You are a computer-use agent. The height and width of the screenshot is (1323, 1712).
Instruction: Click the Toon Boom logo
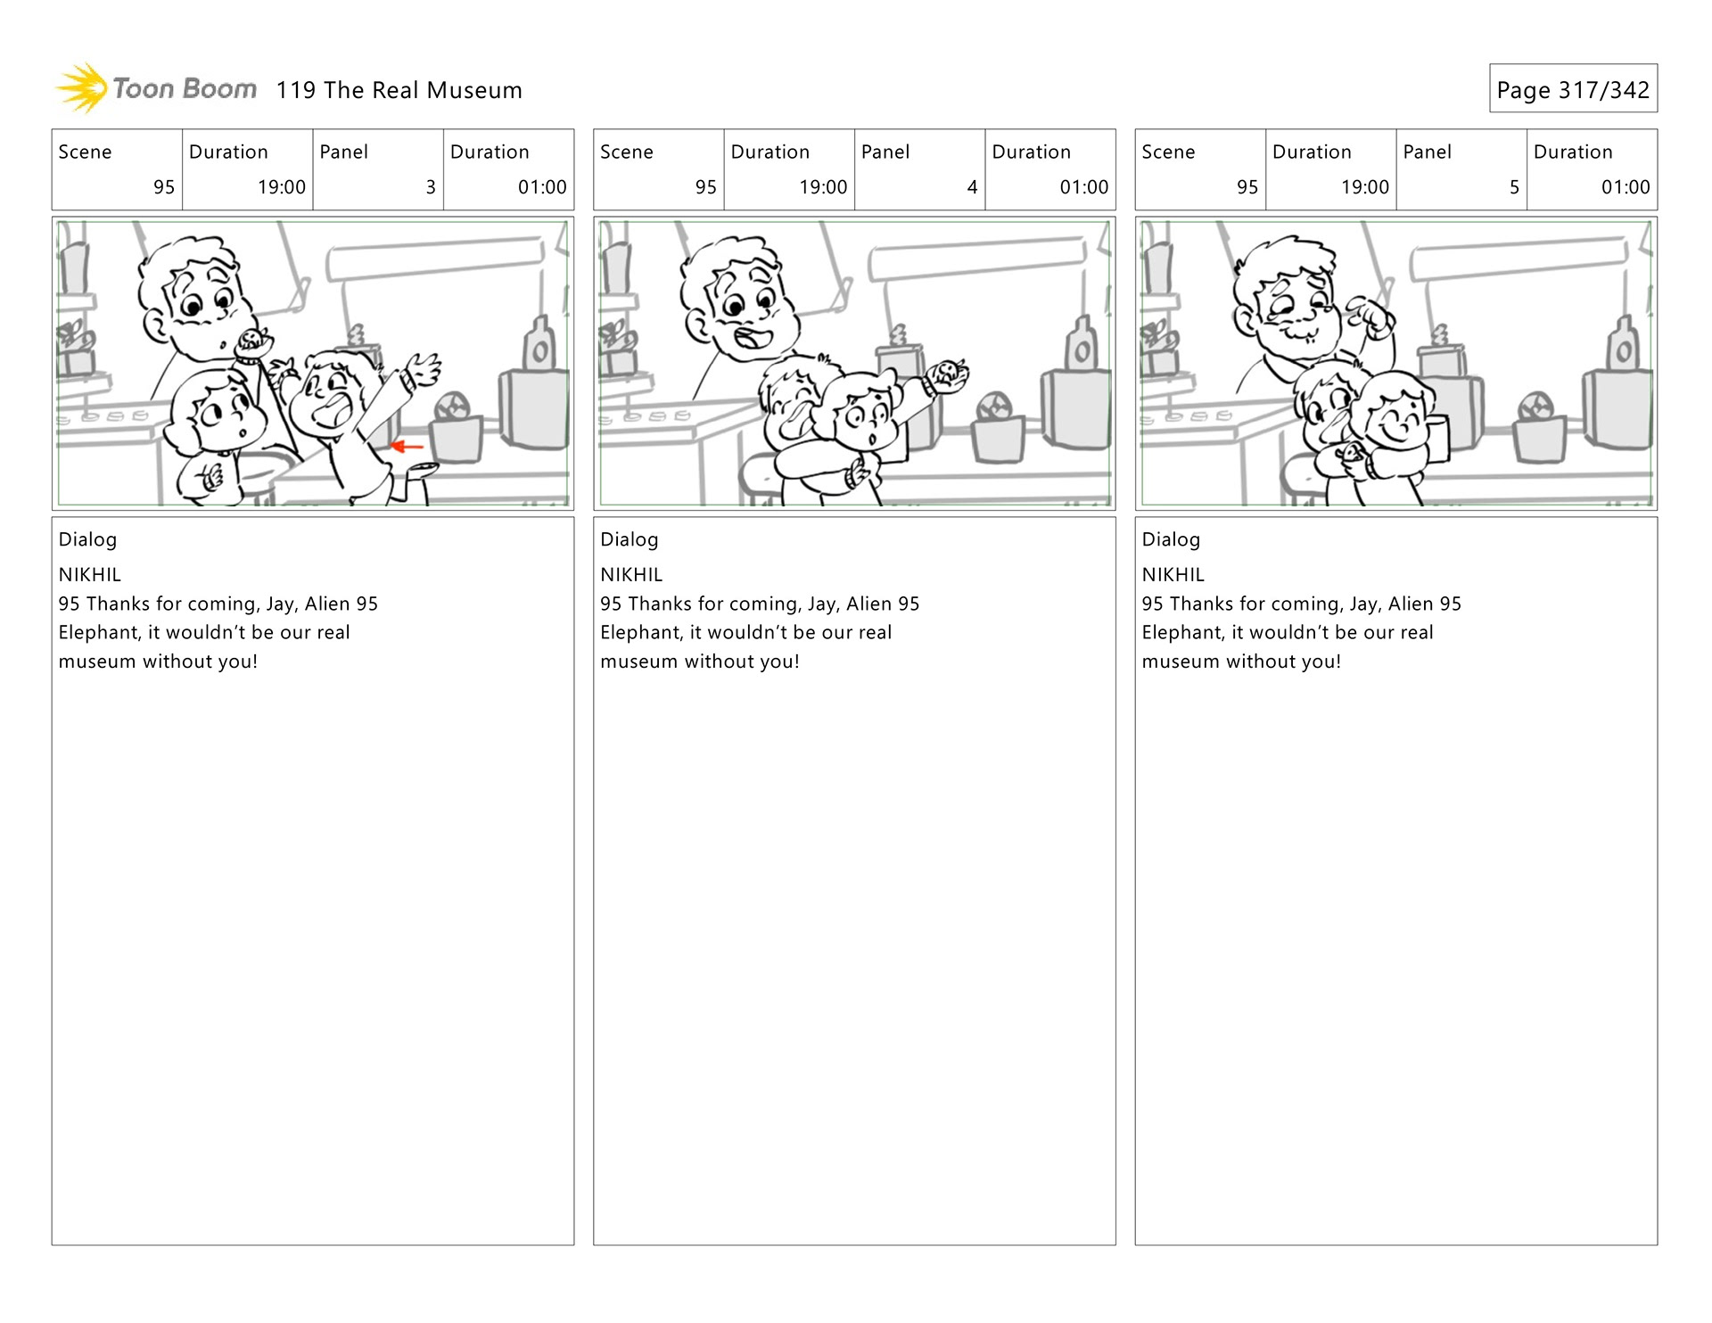156,88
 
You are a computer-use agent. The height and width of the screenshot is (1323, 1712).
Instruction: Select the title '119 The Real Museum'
399,90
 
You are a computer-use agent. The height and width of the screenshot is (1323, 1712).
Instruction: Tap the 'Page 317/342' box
1573,88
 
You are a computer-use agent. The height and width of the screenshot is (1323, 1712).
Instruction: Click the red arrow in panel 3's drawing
407,446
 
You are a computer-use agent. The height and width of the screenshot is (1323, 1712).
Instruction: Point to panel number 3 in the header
431,187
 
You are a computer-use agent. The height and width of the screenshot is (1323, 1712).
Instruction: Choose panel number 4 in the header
972,187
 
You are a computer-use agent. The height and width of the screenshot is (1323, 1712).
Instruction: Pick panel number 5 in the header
1514,187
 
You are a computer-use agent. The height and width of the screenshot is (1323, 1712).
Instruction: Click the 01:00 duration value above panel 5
1626,187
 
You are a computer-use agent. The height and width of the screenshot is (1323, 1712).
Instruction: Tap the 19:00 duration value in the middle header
823,187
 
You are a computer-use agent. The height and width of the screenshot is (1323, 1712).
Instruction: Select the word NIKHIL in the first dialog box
90,575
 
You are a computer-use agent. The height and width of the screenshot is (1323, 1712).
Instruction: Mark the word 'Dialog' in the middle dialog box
630,539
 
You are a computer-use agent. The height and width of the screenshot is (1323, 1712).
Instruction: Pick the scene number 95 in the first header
164,187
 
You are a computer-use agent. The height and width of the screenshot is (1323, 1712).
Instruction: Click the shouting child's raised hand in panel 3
423,367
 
